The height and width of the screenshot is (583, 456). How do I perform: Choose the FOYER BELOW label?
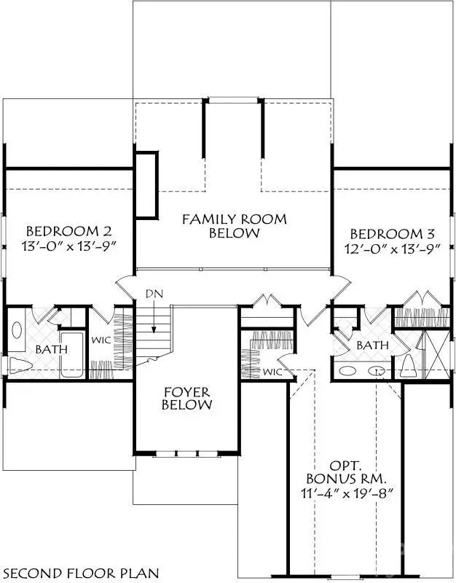[186, 396]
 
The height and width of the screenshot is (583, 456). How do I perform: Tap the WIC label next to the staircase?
[101, 340]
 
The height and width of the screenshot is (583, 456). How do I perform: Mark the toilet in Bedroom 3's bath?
[408, 364]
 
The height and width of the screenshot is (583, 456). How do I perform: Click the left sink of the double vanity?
[349, 371]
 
